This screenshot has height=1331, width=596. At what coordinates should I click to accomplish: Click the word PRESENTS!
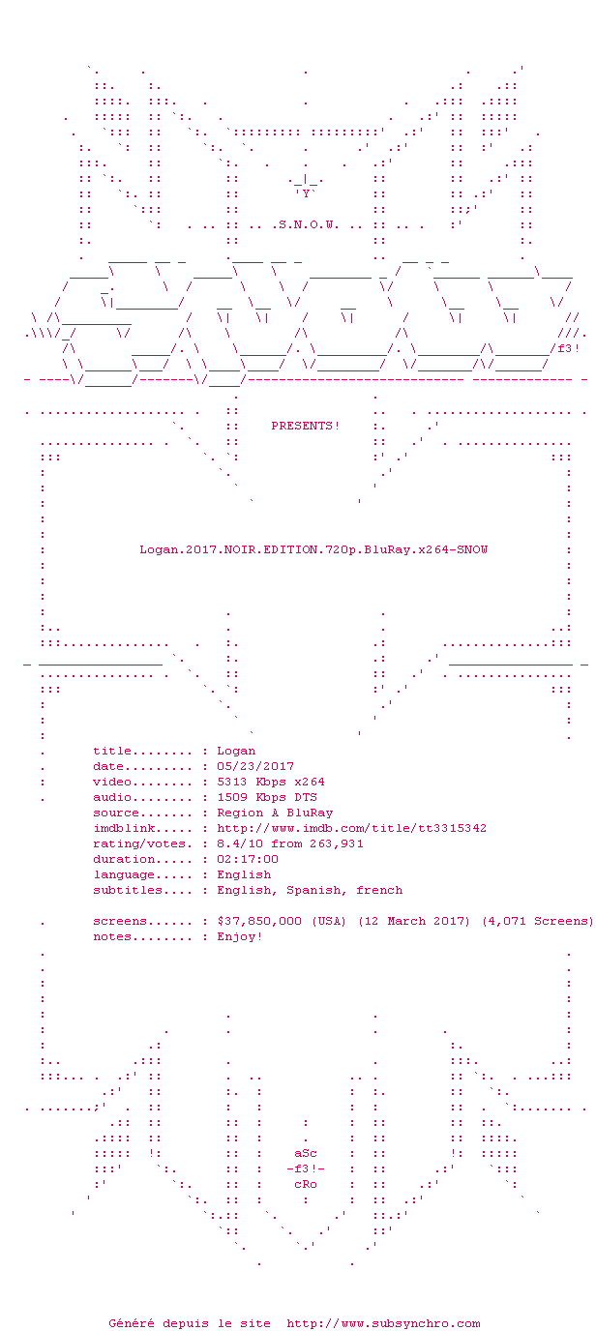coord(306,426)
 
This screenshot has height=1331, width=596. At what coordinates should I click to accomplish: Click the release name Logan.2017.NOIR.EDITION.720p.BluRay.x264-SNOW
coord(313,549)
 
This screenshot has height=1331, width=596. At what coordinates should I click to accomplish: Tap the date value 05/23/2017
coord(255,766)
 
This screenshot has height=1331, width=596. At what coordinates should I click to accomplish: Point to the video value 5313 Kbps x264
coord(271,782)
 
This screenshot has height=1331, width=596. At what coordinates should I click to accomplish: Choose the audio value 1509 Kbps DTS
coord(267,797)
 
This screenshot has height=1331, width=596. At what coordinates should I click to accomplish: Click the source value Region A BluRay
coord(275,813)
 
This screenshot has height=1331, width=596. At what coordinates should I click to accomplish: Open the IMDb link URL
coord(352,828)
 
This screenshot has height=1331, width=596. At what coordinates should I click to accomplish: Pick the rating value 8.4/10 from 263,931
coord(290,843)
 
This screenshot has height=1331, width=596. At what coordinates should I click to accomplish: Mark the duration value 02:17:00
coord(248,859)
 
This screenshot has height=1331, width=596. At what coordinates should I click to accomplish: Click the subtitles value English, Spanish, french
coord(310,890)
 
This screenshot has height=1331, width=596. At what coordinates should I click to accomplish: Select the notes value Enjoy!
coord(240,936)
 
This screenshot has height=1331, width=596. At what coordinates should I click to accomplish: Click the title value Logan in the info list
coord(236,751)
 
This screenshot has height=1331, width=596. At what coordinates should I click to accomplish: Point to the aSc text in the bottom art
coord(306,1154)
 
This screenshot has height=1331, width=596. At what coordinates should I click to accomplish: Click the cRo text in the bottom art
coord(306,1184)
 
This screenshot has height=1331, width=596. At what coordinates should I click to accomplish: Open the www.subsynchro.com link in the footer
coord(383,1323)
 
